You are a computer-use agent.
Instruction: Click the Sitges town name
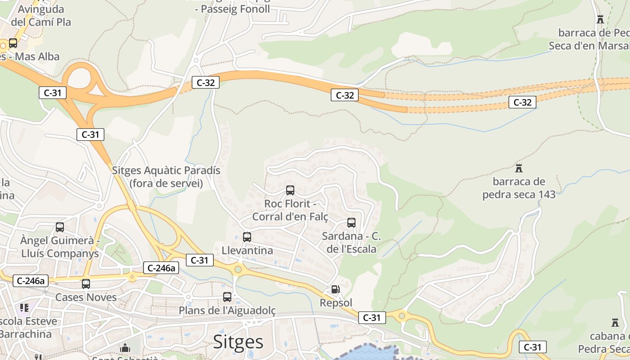click(x=238, y=342)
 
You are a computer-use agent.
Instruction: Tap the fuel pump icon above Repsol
click(x=335, y=289)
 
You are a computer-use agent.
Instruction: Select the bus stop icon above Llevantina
click(x=247, y=237)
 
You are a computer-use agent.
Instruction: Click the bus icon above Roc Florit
click(x=290, y=190)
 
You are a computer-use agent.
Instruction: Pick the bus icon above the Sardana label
click(x=351, y=222)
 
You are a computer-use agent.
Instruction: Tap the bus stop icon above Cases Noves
click(x=86, y=283)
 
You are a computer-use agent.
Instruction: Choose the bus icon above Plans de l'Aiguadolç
click(x=227, y=297)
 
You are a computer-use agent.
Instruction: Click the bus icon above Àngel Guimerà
click(x=60, y=227)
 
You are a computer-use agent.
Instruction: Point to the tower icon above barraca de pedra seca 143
click(x=519, y=168)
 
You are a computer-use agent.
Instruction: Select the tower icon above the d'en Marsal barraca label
click(x=600, y=19)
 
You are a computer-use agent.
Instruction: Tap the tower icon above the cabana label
click(x=615, y=322)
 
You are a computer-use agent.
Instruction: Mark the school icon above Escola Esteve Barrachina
click(x=24, y=308)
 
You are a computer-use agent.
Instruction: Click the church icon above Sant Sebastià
click(x=125, y=348)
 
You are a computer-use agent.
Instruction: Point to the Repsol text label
click(x=336, y=302)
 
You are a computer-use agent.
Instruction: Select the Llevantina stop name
click(x=247, y=250)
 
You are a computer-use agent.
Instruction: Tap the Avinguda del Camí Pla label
click(x=41, y=15)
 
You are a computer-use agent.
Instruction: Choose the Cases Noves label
click(x=86, y=297)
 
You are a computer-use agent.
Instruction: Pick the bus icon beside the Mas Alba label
click(x=13, y=43)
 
